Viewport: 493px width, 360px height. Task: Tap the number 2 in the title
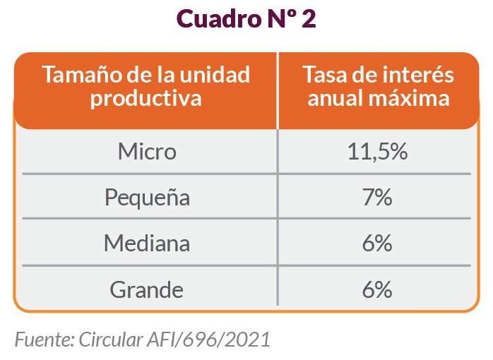(309, 19)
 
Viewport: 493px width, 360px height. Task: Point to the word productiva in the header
(146, 98)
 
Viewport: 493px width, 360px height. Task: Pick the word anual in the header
(335, 98)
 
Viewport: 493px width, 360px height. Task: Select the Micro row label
(147, 152)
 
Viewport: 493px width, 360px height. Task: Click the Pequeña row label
(147, 198)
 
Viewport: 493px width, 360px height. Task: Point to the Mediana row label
(147, 244)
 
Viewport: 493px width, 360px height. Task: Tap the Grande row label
(147, 289)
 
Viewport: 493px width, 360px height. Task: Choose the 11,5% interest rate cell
(378, 152)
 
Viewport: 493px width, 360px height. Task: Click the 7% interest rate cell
(378, 198)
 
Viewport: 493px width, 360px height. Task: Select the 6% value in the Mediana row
(378, 244)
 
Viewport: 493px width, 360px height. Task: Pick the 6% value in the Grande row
(378, 289)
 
